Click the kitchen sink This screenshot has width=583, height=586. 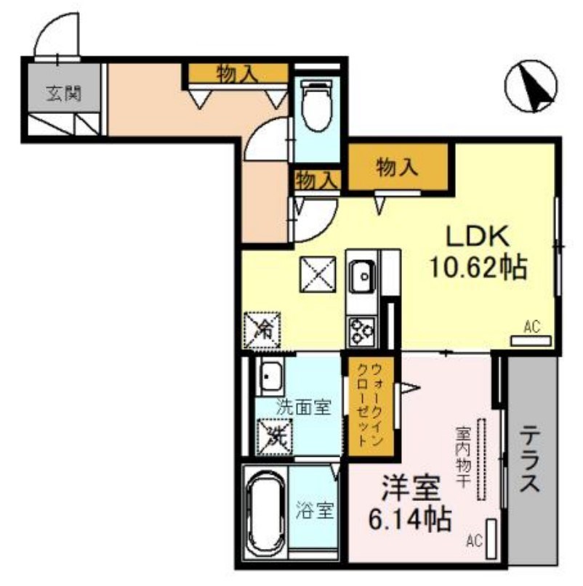tap(361, 276)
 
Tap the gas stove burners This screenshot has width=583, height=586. tap(361, 333)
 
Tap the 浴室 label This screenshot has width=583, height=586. tap(315, 510)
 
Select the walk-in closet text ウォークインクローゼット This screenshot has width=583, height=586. tap(369, 407)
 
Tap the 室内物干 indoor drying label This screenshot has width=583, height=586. tap(462, 447)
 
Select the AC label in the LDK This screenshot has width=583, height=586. tap(532, 327)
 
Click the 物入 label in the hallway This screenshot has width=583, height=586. tap(236, 73)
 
